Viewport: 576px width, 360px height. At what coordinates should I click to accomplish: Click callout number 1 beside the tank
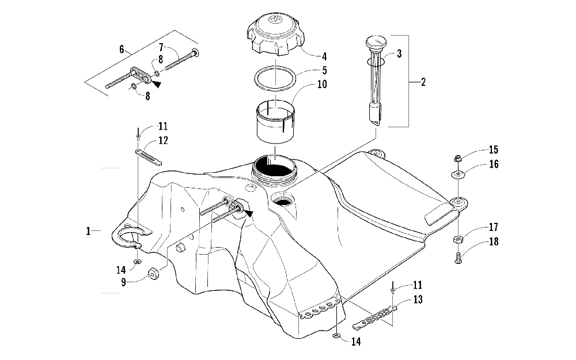[88, 231]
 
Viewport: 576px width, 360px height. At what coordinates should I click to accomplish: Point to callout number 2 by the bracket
[423, 82]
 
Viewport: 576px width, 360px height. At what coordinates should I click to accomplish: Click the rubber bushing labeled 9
[154, 274]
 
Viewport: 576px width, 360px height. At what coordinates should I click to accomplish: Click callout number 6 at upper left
[122, 49]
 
